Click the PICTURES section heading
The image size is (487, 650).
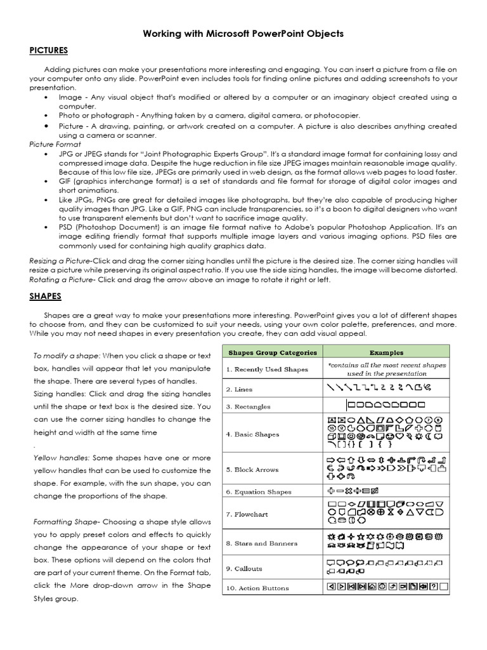tap(48, 51)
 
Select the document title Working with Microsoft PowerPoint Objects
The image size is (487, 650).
tap(243, 33)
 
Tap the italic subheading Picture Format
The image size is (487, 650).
tap(55, 145)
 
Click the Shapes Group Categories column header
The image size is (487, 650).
tap(272, 352)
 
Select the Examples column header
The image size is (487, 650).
tap(386, 352)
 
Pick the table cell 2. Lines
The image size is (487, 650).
tap(238, 390)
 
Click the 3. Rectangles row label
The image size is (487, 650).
tap(248, 407)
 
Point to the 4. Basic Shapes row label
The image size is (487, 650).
tap(252, 435)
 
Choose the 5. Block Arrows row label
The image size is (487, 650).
tap(252, 470)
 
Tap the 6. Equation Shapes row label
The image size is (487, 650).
tap(258, 492)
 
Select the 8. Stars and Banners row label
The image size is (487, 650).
tap(261, 544)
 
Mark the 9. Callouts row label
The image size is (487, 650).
tap(244, 569)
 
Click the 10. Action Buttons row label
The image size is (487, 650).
tap(257, 588)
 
